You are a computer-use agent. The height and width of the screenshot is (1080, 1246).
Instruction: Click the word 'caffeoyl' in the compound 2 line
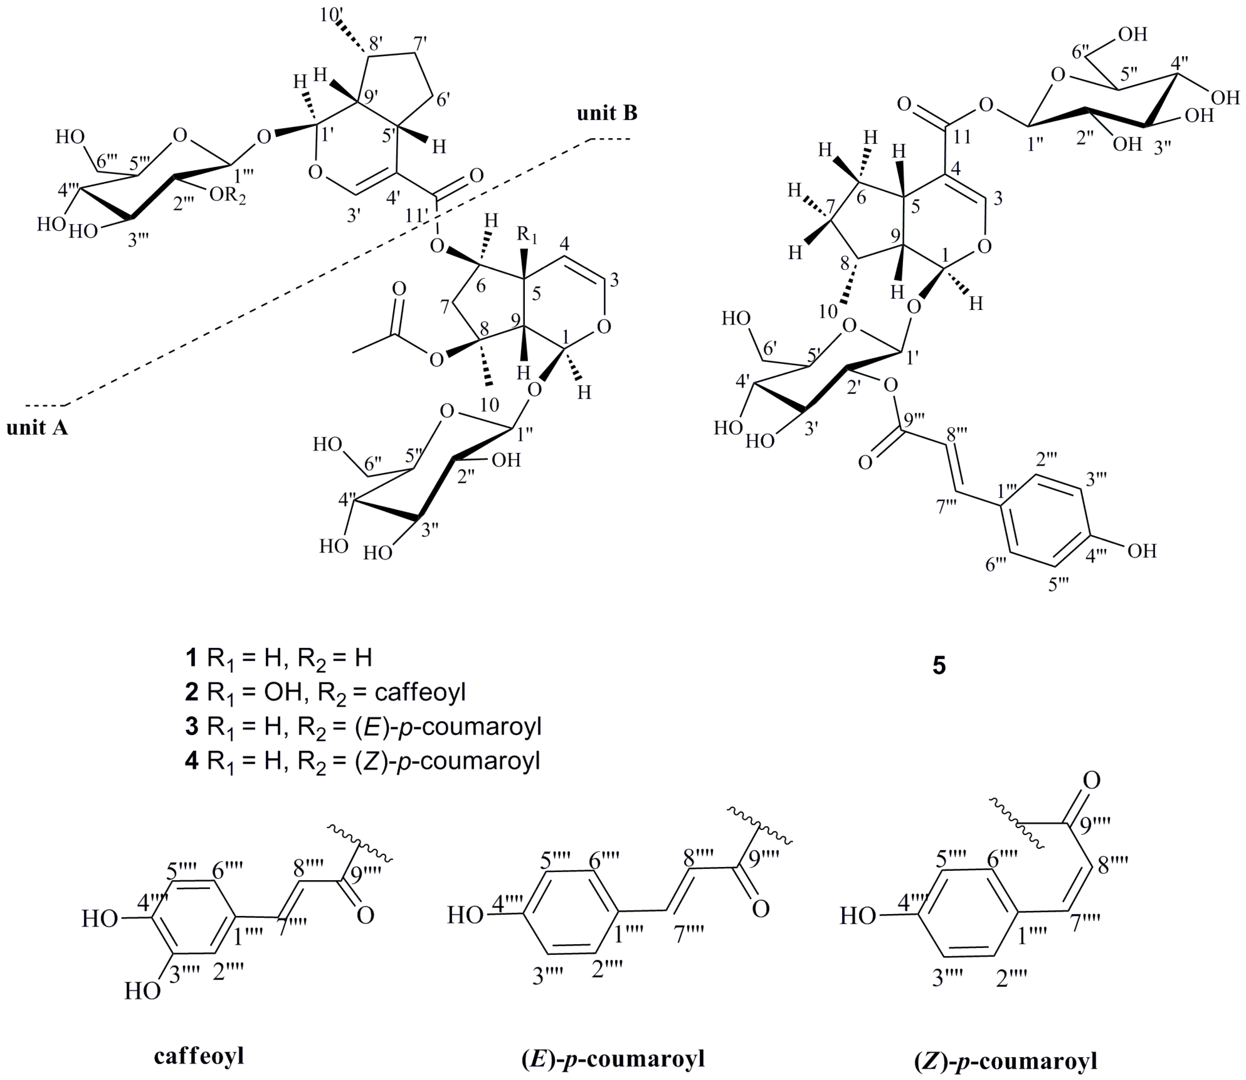(x=420, y=692)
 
